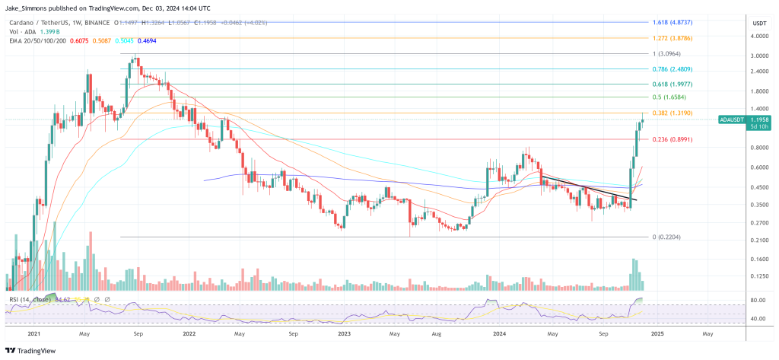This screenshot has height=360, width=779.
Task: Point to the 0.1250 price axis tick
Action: point(759,277)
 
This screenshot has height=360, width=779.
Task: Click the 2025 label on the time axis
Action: point(657,333)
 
